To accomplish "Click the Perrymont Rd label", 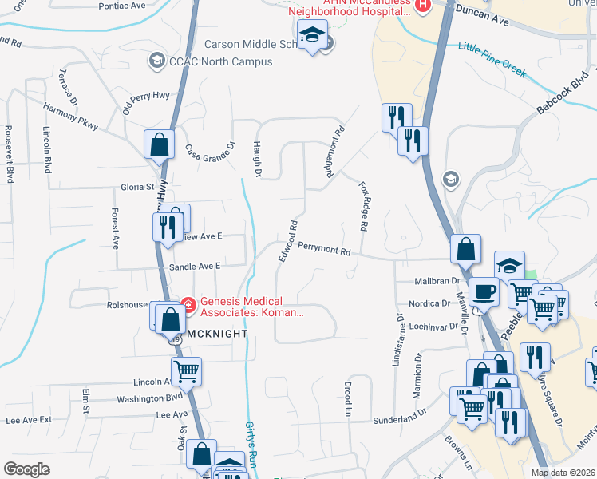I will pyautogui.click(x=324, y=250).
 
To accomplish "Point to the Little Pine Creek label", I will pyautogui.click(x=492, y=59).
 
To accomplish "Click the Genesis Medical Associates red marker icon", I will pyautogui.click(x=188, y=304).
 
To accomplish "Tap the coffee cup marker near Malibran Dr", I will pyautogui.click(x=484, y=292).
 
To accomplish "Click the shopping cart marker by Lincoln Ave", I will pyautogui.click(x=186, y=370).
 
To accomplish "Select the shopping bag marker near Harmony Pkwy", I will pyautogui.click(x=159, y=144).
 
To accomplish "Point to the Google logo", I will pyautogui.click(x=26, y=469).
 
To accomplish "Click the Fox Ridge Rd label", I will pyautogui.click(x=363, y=206).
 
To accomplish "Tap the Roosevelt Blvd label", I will pyautogui.click(x=10, y=153).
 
